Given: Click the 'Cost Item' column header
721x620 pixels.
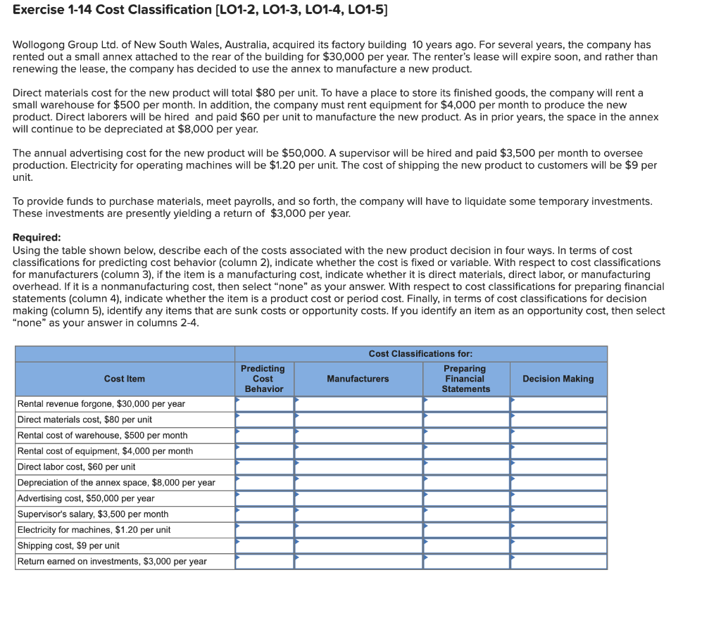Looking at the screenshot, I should (125, 379).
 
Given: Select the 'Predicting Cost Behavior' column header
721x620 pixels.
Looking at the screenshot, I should (263, 379).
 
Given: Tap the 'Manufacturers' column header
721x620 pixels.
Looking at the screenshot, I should (358, 379).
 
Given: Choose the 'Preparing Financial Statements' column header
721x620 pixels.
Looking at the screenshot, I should (465, 379).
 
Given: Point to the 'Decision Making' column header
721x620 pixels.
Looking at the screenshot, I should (558, 379).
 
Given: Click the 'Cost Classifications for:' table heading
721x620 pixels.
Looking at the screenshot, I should (420, 353).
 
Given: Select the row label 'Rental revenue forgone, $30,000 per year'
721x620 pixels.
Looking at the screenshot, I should (101, 404).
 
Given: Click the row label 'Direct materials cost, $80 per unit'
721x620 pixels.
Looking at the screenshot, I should (84, 419).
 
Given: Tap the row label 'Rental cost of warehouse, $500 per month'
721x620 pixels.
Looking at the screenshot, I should (102, 435).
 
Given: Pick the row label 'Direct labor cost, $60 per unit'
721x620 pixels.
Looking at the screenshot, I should (76, 467).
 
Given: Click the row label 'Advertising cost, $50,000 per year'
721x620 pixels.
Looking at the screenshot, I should (86, 498).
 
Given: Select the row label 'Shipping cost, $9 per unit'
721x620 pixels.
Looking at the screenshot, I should (68, 545).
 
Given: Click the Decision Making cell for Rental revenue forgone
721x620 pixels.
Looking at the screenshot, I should (558, 404).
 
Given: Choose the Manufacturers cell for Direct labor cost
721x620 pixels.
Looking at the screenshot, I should (358, 467).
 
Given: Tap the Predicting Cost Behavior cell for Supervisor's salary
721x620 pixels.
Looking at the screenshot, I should (265, 514).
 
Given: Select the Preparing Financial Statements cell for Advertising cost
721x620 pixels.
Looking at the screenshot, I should (466, 498).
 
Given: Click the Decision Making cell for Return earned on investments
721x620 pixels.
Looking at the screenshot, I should (558, 562).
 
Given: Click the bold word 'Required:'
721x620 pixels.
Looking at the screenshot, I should (37, 237).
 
